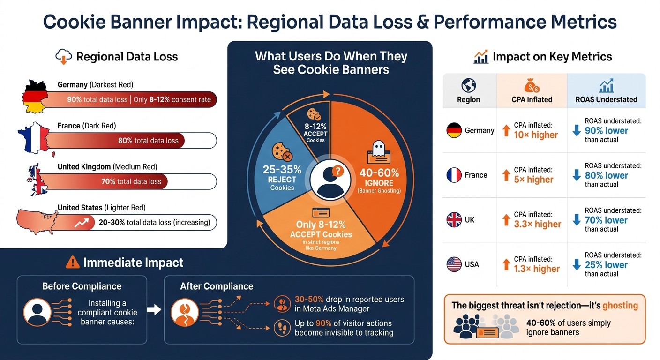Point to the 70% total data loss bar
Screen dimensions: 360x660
tap(131, 181)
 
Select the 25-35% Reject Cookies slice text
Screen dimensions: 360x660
tap(282, 178)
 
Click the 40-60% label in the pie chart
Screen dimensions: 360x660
tap(379, 172)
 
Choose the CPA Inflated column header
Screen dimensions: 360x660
tap(532, 99)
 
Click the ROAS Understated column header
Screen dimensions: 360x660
tap(606, 99)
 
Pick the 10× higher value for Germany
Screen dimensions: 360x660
tap(535, 135)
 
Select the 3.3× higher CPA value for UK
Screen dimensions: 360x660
tap(537, 224)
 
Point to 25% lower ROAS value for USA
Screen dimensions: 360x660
tap(606, 265)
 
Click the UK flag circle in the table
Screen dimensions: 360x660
tap(454, 220)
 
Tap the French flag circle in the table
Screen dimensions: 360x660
tap(454, 175)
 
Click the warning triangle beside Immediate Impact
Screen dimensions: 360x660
tap(73, 262)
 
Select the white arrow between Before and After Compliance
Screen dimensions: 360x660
tap(154, 309)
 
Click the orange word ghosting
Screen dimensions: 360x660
tap(620, 306)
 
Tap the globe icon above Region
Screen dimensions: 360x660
tap(468, 86)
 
